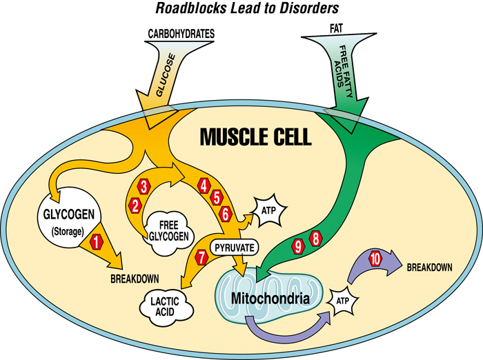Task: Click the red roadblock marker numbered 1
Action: [97, 241]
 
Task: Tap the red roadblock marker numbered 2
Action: [135, 205]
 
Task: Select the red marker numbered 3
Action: [144, 186]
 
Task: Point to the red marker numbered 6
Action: [226, 214]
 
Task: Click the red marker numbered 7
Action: [201, 257]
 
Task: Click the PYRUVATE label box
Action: [234, 246]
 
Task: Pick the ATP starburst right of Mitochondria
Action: [343, 301]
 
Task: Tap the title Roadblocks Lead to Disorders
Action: [240, 9]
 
